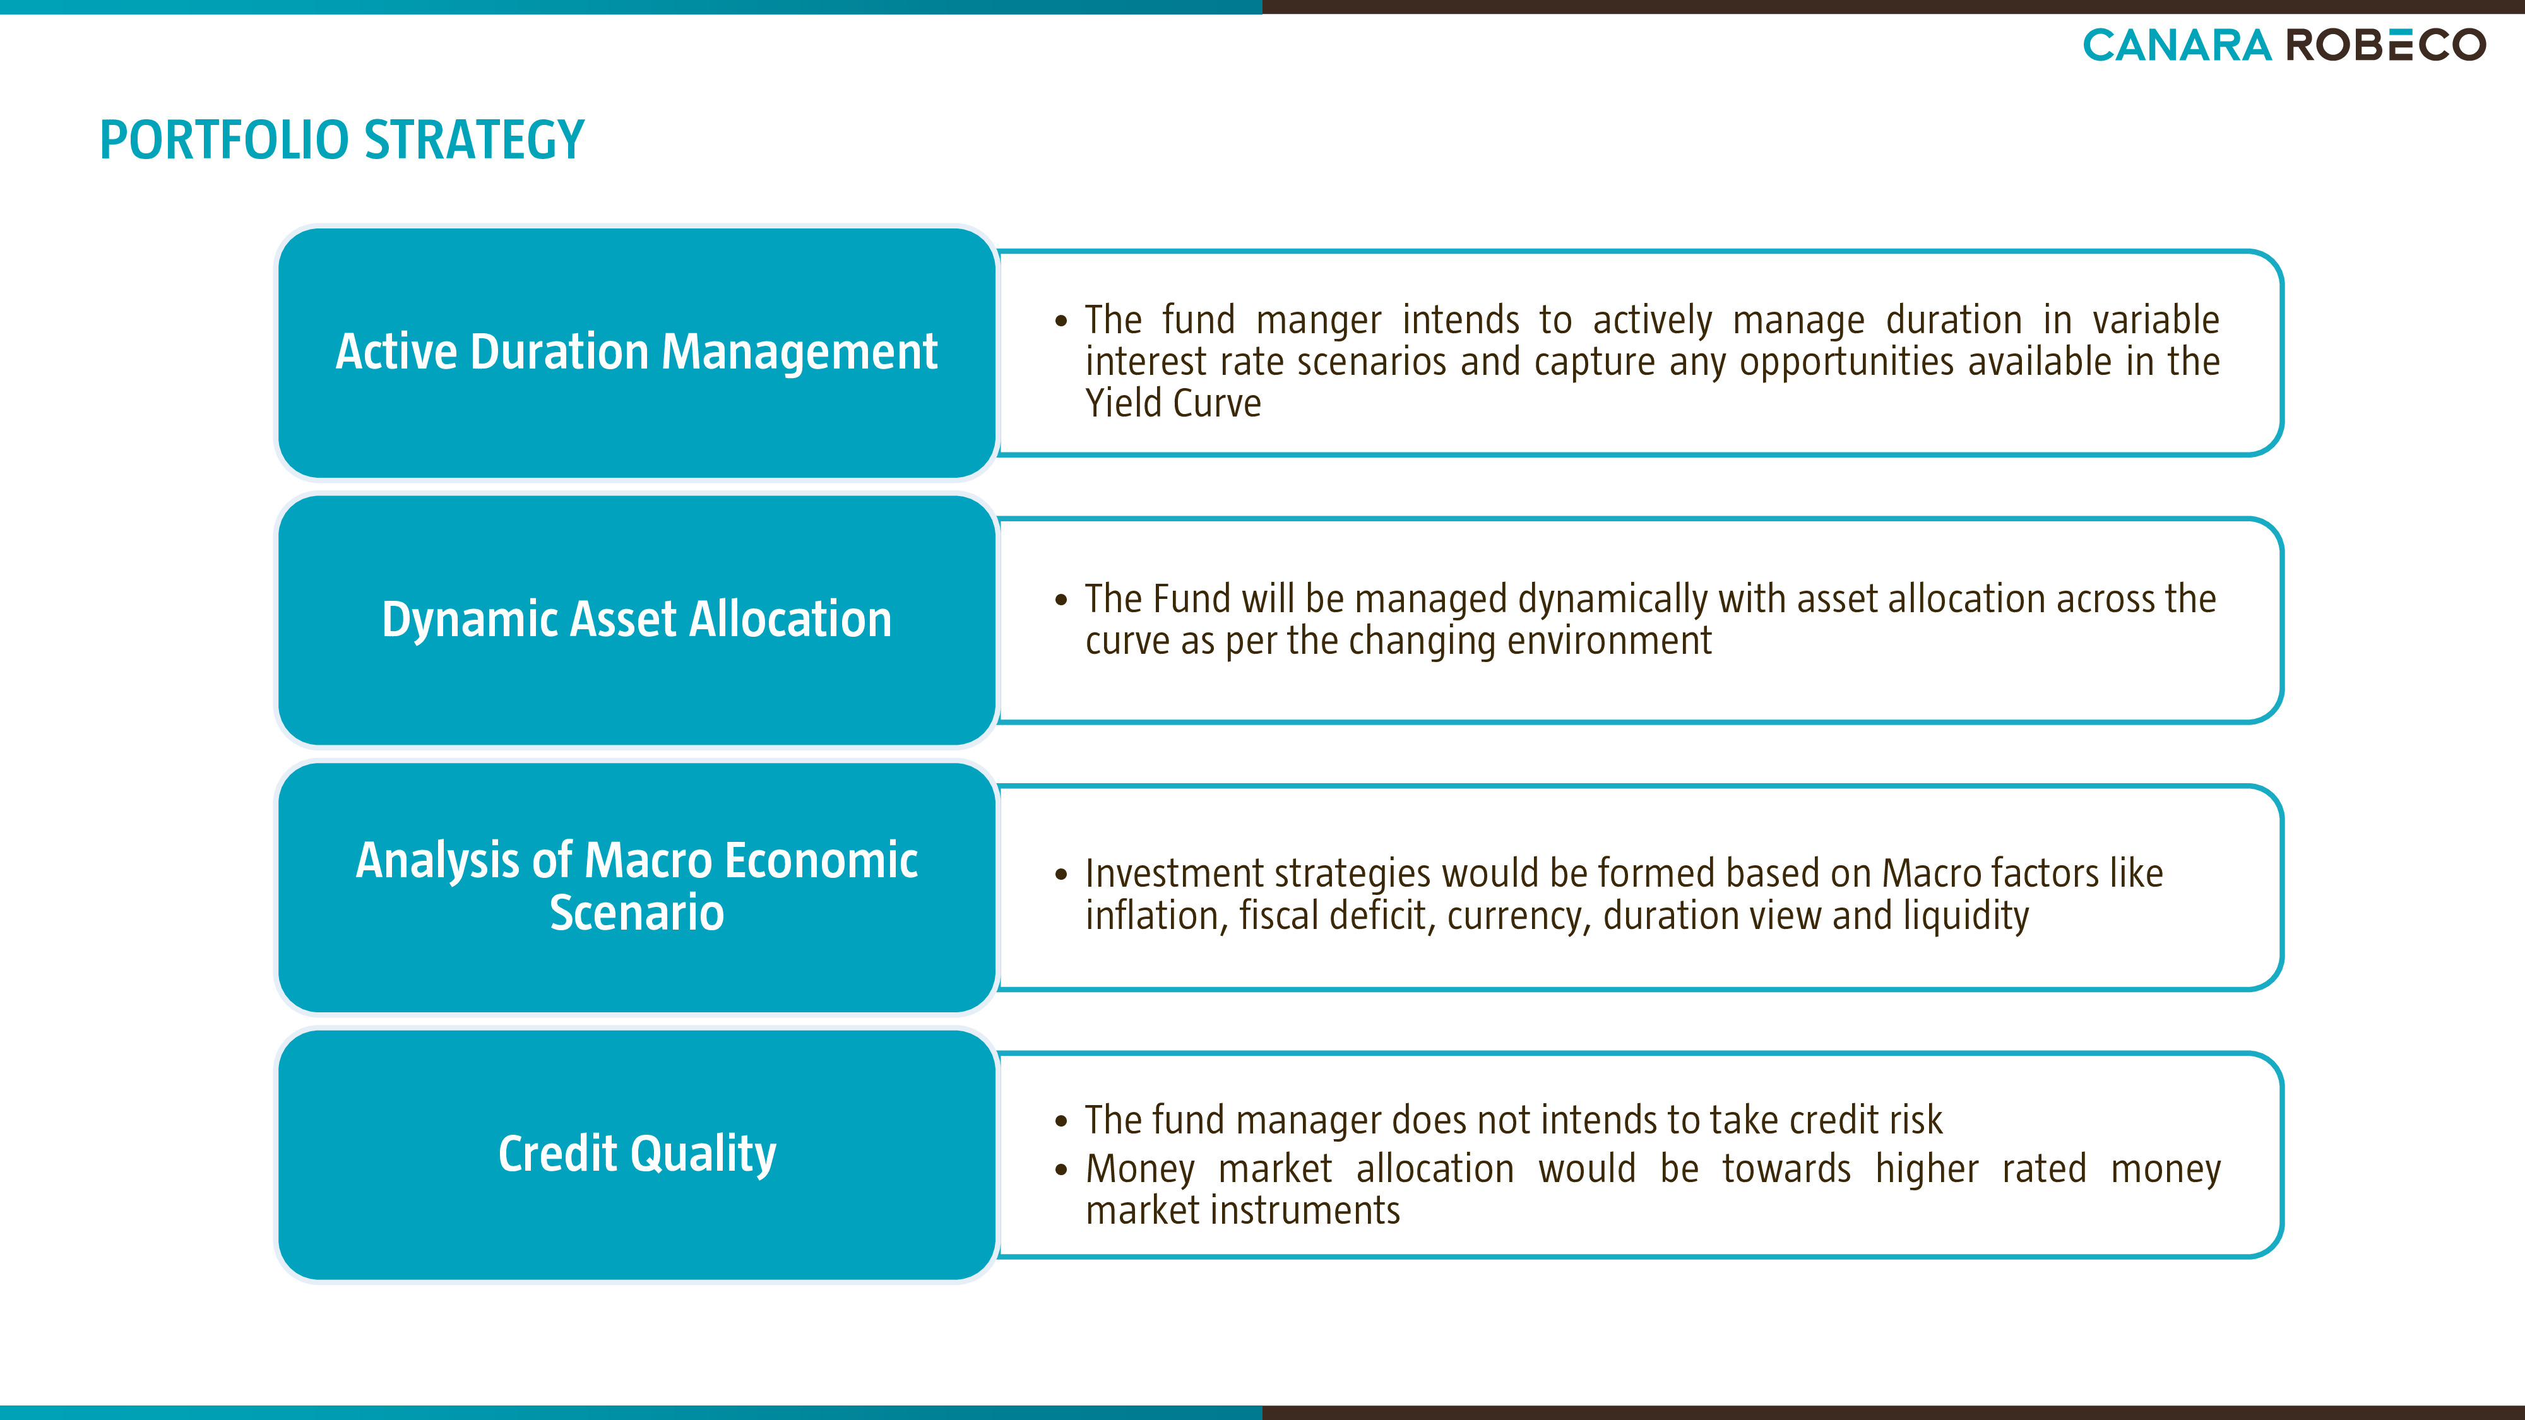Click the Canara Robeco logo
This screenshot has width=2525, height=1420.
[2284, 45]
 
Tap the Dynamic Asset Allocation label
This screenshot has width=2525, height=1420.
[637, 619]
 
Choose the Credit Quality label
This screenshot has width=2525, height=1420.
[637, 1154]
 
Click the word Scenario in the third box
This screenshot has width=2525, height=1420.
[637, 913]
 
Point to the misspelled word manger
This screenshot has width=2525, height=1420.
[1319, 321]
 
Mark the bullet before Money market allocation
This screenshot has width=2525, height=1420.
[1060, 1169]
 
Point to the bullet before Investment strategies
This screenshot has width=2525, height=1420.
[1060, 874]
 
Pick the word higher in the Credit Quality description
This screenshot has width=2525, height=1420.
[1927, 1169]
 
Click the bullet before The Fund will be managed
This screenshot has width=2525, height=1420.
[1060, 600]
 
